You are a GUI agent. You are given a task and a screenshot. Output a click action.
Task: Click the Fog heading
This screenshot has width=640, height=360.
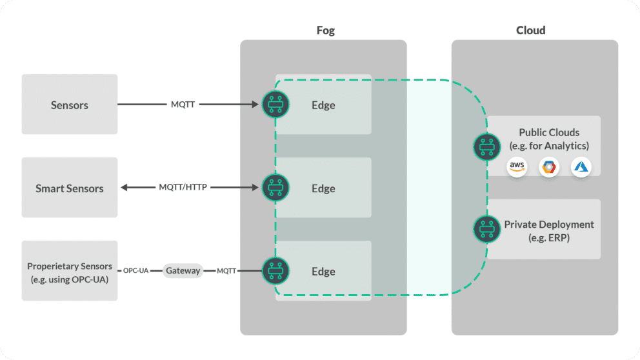click(325, 30)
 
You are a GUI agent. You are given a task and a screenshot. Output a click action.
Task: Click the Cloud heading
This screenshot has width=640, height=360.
click(530, 30)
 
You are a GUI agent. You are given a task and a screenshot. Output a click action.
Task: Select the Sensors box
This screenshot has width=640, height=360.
click(70, 105)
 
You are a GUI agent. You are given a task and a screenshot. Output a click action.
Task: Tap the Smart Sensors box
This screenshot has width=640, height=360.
click(70, 188)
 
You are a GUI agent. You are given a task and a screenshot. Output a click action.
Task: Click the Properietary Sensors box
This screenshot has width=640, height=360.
click(70, 271)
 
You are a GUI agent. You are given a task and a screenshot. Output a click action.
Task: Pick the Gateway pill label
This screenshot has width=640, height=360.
click(183, 271)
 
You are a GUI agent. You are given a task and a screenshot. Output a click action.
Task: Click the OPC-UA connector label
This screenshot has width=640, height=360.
click(136, 271)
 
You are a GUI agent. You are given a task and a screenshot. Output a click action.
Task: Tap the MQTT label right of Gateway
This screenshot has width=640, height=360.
click(227, 271)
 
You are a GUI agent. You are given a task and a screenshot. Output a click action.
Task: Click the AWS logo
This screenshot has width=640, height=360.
click(517, 167)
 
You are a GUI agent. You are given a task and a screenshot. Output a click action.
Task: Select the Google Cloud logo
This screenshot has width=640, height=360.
click(549, 167)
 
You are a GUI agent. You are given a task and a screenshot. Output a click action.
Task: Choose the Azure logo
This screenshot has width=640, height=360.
click(581, 167)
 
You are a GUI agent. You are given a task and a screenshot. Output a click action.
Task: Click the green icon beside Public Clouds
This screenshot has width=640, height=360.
click(486, 146)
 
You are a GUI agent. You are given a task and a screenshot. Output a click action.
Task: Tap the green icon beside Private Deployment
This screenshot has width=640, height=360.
click(486, 229)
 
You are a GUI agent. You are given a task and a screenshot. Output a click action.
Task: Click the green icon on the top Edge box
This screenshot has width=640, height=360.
click(275, 104)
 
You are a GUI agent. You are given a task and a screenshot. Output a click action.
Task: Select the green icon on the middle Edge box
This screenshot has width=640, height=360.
click(275, 188)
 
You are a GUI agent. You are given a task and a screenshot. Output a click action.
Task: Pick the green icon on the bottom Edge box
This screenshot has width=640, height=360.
click(275, 271)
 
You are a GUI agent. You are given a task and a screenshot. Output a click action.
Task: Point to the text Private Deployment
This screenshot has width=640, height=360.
click(548, 225)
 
